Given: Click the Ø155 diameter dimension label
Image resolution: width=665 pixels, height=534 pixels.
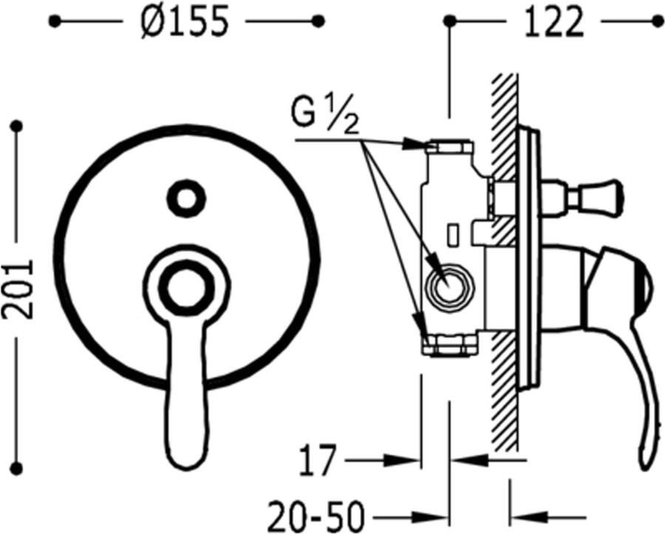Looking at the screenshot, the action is (185, 22).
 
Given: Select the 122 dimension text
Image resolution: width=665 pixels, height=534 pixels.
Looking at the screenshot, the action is (554, 22).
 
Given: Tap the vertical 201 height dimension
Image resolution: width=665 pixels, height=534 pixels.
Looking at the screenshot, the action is (17, 289).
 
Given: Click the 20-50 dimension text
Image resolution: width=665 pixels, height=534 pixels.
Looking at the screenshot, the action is (316, 517).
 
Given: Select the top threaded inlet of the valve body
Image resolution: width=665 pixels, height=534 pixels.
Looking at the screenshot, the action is (451, 146).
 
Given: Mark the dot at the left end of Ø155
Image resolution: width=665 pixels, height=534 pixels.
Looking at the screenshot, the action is (54, 21).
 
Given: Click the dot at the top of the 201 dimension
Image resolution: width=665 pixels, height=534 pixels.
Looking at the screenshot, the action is (17, 126).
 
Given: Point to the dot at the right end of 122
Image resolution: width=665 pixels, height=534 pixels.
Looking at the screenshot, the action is (658, 21).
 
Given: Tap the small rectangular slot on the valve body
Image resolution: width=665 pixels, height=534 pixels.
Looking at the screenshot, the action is (454, 234).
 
